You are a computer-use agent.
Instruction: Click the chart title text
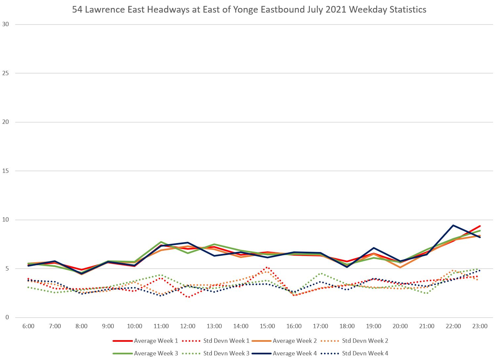tap(249, 9)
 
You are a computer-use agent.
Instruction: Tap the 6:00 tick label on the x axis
tap(28, 326)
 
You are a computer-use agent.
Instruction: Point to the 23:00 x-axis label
tap(480, 326)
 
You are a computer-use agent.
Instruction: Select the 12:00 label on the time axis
tap(188, 326)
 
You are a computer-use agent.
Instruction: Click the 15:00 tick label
tap(267, 326)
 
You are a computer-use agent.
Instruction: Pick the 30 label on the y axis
tap(5, 24)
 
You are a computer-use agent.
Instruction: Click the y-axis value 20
tap(5, 122)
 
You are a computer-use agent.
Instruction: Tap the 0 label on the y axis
tap(7, 318)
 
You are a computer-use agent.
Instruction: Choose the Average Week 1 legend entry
tap(156, 341)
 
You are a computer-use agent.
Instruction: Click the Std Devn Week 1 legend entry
tap(226, 341)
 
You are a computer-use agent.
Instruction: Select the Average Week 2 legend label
tap(294, 341)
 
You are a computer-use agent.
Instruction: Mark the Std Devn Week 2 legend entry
tap(365, 341)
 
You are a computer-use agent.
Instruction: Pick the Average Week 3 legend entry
tap(156, 353)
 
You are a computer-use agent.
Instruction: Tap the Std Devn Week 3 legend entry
tap(226, 353)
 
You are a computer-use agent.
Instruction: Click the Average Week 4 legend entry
tap(294, 353)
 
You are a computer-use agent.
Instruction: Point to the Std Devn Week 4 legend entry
tap(365, 353)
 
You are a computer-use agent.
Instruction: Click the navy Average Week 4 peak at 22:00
tap(453, 226)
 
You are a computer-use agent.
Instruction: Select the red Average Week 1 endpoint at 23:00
tap(479, 226)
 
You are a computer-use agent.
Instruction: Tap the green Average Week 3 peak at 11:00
tap(161, 242)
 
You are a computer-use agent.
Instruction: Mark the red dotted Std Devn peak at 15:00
tap(267, 267)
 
